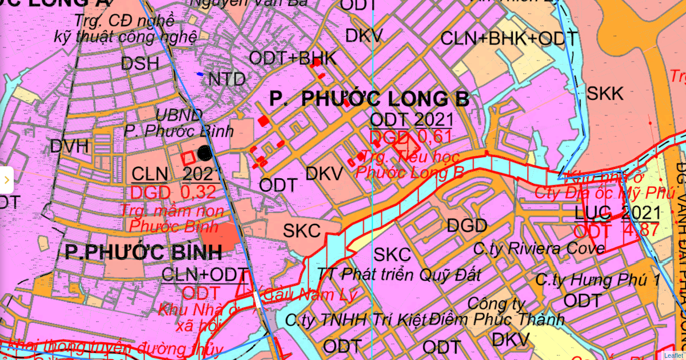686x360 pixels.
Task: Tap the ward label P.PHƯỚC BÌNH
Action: [x=135, y=251]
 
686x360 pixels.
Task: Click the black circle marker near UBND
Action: [x=205, y=153]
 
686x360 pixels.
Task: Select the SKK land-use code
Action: [x=605, y=94]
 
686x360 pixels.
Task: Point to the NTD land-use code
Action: [x=227, y=79]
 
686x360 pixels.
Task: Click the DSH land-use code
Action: [x=140, y=63]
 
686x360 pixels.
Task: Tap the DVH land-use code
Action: [x=70, y=146]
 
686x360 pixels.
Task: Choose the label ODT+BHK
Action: [x=293, y=58]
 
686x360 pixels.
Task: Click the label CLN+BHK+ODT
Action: [x=509, y=39]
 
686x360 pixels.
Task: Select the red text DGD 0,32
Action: [x=174, y=192]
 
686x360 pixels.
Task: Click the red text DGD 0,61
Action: [x=410, y=137]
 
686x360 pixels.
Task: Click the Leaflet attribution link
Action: [x=673, y=355]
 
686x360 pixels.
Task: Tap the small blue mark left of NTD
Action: [x=200, y=74]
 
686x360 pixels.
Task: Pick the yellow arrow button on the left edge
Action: [x=6, y=181]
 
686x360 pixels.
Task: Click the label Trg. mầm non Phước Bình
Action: [x=174, y=218]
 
